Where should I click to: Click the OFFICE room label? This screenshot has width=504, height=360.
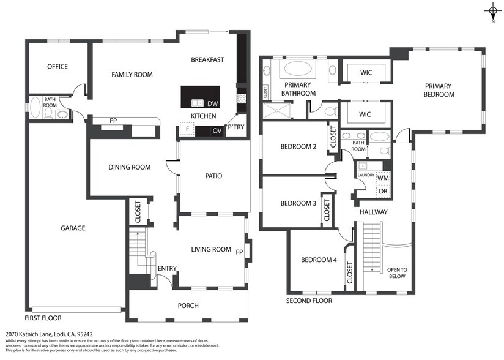pyautogui.click(x=57, y=67)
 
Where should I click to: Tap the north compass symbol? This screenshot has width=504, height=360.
pyautogui.click(x=492, y=10)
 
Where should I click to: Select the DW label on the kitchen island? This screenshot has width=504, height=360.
pyautogui.click(x=212, y=103)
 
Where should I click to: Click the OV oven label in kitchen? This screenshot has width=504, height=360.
pyautogui.click(x=217, y=130)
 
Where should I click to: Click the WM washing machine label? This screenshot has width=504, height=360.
pyautogui.click(x=383, y=178)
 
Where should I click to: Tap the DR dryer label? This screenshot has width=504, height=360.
pyautogui.click(x=383, y=191)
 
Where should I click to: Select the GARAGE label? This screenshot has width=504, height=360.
pyautogui.click(x=73, y=228)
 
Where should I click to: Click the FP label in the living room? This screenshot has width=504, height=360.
pyautogui.click(x=239, y=251)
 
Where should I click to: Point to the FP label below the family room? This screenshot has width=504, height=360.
pyautogui.click(x=113, y=121)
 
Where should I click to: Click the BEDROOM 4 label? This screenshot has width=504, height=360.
pyautogui.click(x=319, y=260)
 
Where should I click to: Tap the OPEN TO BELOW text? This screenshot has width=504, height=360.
pyautogui.click(x=396, y=272)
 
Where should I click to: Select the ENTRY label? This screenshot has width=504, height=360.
pyautogui.click(x=167, y=269)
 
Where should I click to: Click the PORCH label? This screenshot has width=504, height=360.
pyautogui.click(x=188, y=306)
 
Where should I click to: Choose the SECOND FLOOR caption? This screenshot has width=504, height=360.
pyautogui.click(x=309, y=301)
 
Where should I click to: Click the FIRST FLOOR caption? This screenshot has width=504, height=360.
pyautogui.click(x=43, y=318)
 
